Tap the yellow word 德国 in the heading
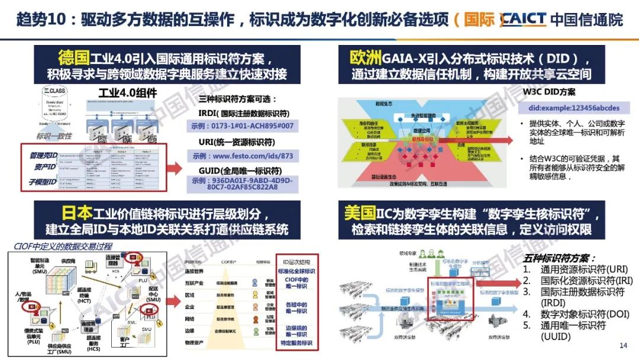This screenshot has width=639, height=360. (73, 58)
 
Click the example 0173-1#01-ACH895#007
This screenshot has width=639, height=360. (242, 127)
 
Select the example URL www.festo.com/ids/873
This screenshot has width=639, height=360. (242, 156)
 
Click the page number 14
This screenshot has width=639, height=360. (622, 346)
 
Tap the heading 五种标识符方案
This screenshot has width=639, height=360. (556, 258)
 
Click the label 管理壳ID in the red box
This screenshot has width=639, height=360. (44, 155)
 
